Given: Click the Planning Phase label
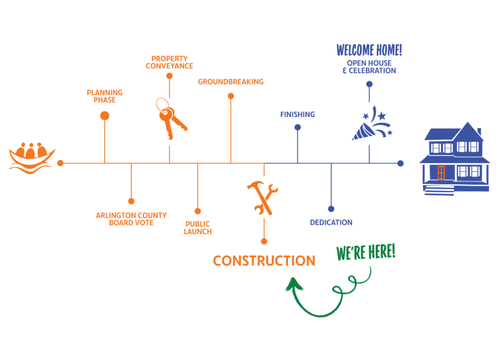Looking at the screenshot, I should click(105, 96).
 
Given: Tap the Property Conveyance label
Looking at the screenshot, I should click(169, 62).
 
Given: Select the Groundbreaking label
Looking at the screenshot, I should click(231, 82).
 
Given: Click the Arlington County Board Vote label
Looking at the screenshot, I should click(131, 219).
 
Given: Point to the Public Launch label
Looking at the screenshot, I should click(198, 228).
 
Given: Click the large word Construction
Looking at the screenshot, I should click(264, 261).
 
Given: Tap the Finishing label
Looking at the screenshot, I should click(298, 115).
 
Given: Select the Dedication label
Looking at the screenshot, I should click(331, 223).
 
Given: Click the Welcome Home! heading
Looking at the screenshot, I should click(369, 50).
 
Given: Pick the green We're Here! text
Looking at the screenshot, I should click(366, 252).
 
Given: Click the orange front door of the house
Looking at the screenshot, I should click(441, 172).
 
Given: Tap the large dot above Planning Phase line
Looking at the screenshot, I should click(105, 116).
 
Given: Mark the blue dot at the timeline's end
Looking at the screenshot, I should click(400, 163).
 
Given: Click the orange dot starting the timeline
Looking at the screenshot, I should click(60, 163).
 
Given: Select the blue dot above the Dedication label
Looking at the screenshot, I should click(331, 209).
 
